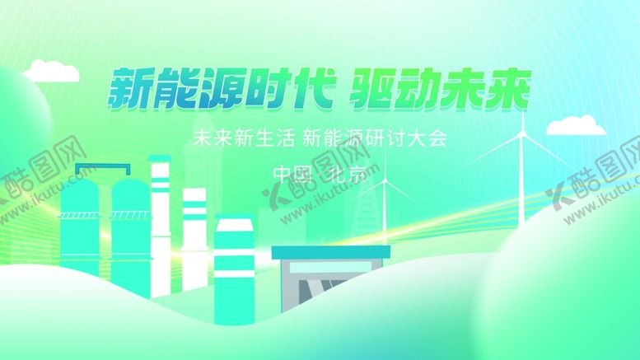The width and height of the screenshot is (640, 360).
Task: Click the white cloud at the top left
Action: pyautogui.click(x=51, y=72)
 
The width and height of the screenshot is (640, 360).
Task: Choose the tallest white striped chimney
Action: pyautogui.click(x=160, y=222)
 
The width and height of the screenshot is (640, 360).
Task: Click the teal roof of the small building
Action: pyautogui.click(x=330, y=252)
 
